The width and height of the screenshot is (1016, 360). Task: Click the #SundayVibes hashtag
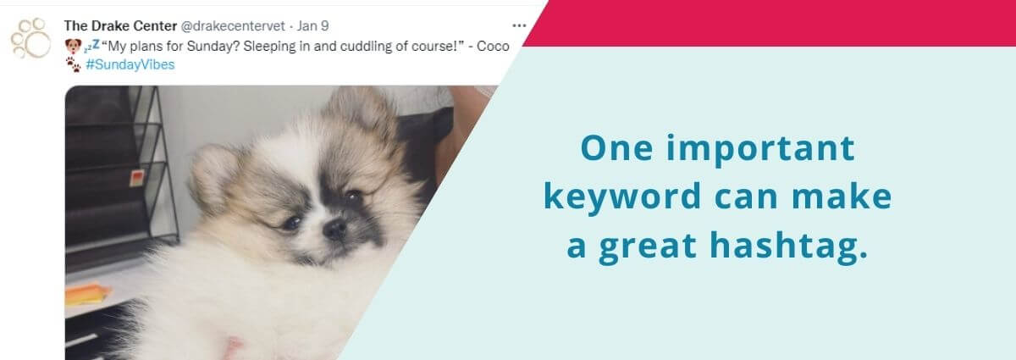point(130,65)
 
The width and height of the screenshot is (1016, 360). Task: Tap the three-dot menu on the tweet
point(519,25)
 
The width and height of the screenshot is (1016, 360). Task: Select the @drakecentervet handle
point(233,26)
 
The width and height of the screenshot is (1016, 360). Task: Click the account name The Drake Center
point(120,26)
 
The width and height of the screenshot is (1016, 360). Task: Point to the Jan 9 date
point(312,26)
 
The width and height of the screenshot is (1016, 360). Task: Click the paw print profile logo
point(30,38)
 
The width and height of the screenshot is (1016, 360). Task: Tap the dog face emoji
point(73,46)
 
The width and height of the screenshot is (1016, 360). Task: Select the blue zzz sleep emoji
point(91,45)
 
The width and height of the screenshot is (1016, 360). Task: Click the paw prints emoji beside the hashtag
point(74,64)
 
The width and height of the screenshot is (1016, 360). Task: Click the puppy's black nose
point(334,230)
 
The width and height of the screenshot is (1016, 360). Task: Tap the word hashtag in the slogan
point(788,246)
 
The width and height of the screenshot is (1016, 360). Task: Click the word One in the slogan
point(616,148)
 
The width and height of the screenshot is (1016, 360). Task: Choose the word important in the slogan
point(760,150)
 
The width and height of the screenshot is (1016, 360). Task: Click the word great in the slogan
point(647,247)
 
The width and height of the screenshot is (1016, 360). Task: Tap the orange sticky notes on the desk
point(87,295)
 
